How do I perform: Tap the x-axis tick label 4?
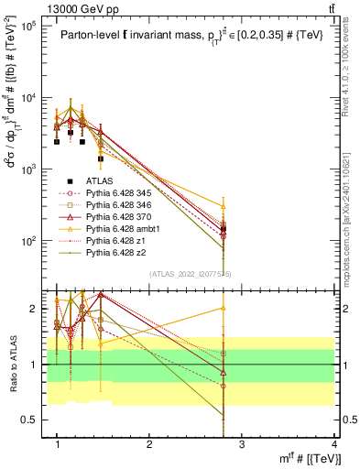click(x=334, y=444)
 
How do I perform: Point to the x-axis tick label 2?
click(x=149, y=444)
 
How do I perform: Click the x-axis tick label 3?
click(x=242, y=444)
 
